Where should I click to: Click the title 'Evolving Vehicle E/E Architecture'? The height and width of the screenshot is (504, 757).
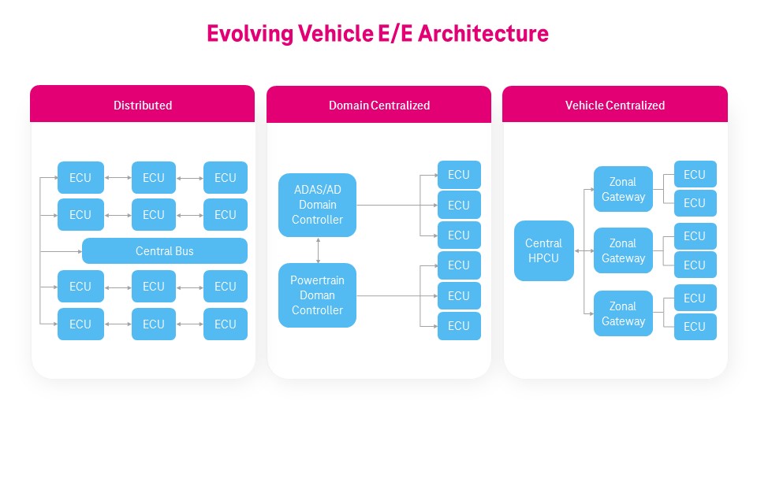378,34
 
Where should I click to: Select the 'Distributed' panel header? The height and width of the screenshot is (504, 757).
143,105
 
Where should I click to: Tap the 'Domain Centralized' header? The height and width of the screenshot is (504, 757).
379,105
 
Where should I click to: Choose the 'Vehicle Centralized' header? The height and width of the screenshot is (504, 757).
615,105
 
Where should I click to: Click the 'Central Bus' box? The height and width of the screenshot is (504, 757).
165,251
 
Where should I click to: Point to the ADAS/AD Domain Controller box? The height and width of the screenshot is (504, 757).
317,205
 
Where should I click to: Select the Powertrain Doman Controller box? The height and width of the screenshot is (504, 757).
317,295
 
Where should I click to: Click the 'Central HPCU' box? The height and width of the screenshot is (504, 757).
543,250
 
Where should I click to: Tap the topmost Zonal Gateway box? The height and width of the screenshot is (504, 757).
623,189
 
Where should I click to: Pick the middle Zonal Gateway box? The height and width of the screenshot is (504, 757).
623,250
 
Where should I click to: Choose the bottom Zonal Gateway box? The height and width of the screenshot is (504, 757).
623,313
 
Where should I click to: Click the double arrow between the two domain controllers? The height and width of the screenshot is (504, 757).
318,250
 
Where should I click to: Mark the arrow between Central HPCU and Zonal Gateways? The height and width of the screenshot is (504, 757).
584,250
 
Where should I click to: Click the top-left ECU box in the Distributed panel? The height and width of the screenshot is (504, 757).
80,178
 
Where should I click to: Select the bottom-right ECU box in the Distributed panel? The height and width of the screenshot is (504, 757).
226,324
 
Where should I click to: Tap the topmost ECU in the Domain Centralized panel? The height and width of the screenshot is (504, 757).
459,175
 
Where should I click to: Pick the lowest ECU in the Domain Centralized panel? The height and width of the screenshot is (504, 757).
459,326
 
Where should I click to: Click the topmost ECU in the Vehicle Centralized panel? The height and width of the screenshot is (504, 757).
695,175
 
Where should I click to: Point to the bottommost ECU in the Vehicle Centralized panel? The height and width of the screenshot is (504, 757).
695,326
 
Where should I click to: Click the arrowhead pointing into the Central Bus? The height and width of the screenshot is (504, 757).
79,251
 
